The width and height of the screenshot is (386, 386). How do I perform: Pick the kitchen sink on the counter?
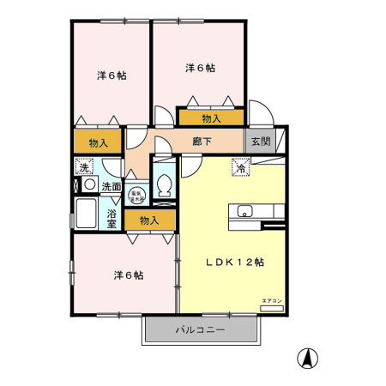[244, 211]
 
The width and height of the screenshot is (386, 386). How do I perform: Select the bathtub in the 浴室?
[87, 213]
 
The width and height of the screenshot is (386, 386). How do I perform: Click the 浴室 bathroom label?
[112, 216]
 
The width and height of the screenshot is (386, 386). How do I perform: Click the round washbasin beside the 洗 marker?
[88, 184]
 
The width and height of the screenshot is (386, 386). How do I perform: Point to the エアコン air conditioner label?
[270, 299]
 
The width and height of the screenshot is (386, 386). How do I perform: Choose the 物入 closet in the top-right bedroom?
[211, 118]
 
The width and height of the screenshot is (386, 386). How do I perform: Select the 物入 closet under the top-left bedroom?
[98, 142]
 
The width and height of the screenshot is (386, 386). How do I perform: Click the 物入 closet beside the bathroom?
[149, 220]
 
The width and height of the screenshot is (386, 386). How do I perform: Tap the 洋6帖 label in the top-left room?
[112, 75]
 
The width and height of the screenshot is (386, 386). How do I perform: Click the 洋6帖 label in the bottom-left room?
[129, 275]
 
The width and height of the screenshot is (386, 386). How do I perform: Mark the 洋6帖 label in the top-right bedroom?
[199, 67]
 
